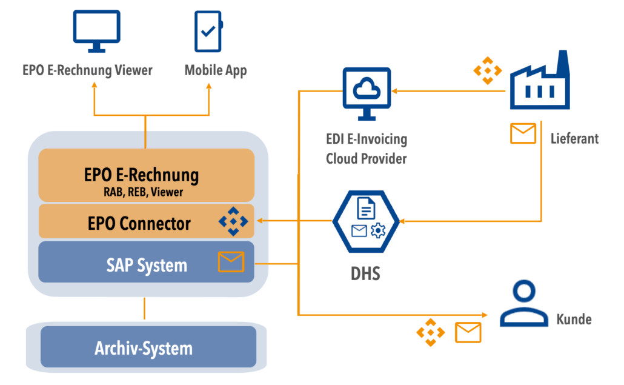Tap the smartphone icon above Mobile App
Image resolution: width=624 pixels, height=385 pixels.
pos(208,31)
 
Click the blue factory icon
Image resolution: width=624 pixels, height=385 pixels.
pos(540,82)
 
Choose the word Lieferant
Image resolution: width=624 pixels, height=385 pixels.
pos(574,138)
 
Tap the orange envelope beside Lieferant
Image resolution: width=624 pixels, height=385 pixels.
pos(523,133)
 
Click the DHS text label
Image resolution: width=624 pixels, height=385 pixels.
pos(365,273)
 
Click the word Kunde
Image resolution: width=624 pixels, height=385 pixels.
pos(574,319)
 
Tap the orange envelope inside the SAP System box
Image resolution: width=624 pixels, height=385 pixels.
pos(231,262)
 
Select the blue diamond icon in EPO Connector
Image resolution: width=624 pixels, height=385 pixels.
pos(233,222)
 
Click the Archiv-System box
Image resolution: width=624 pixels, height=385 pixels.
pos(144,348)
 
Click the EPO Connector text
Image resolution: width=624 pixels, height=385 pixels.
pos(139,223)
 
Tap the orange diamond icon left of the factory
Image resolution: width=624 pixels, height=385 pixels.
pos(488,70)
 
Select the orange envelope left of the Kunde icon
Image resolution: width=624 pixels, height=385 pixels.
pos(468,332)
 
